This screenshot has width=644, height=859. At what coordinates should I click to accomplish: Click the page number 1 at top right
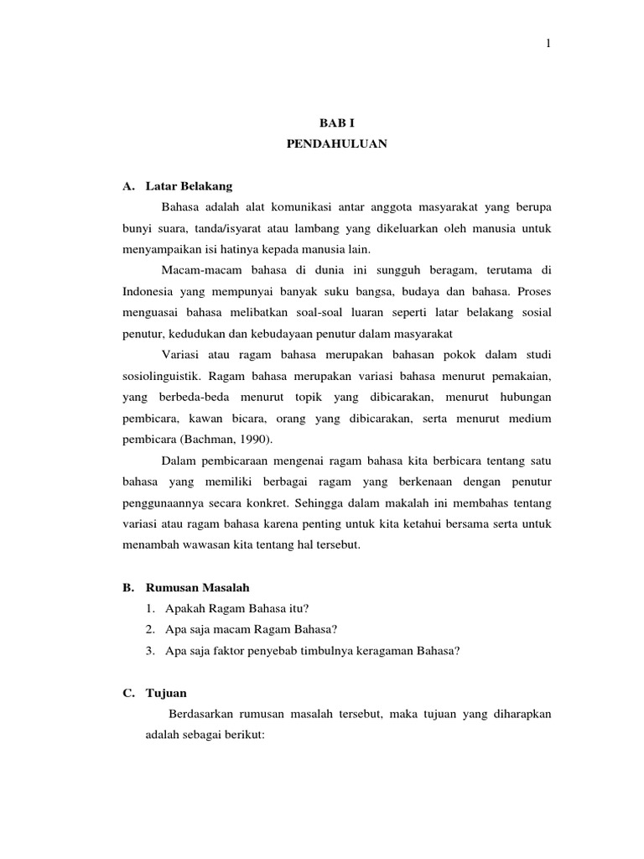548,44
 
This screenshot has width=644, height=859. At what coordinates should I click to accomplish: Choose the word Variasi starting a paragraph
182,353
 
